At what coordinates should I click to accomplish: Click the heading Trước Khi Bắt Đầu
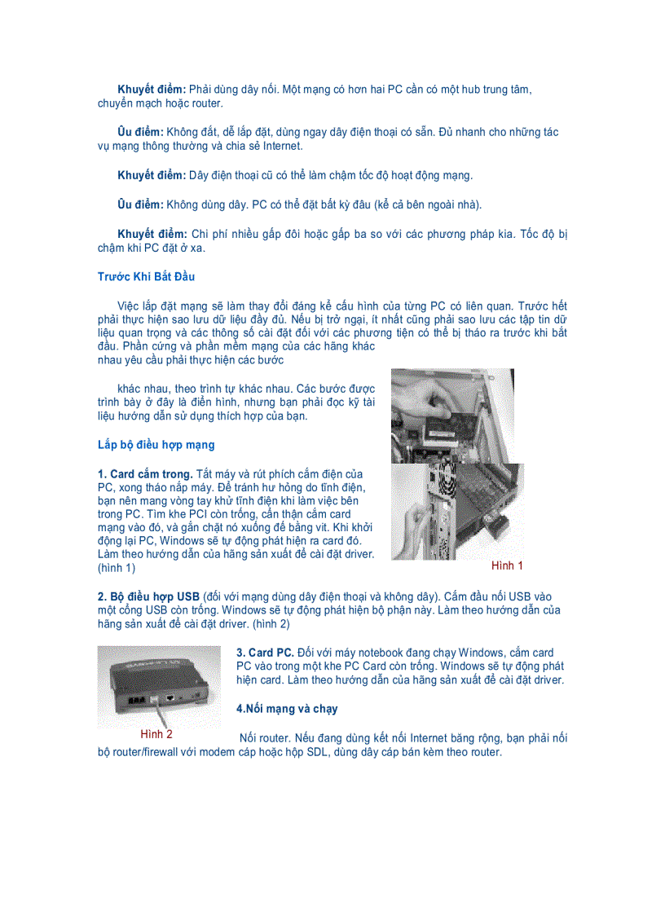[146, 277]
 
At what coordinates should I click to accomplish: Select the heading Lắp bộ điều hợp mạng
[156, 445]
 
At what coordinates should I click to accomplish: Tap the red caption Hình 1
[506, 565]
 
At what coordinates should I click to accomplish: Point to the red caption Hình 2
[156, 734]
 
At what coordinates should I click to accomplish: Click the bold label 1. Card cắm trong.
[145, 474]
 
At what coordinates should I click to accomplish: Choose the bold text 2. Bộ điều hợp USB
[148, 596]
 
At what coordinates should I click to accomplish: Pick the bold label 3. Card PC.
[265, 653]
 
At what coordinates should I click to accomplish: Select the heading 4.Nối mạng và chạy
[287, 709]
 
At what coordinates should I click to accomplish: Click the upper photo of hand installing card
[451, 416]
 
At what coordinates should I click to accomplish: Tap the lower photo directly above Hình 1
[456, 512]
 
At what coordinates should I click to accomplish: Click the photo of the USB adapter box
[159, 685]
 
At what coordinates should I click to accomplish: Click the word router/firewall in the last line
[143, 752]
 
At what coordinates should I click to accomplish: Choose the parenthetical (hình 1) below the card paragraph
[117, 567]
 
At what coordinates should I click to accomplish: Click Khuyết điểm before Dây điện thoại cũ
[152, 175]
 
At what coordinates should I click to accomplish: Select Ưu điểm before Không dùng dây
[140, 204]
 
